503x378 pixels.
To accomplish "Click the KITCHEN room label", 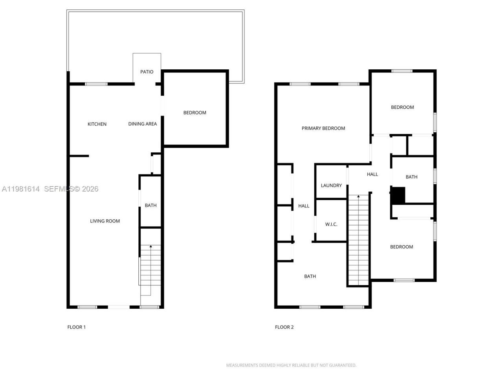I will coord(97,124).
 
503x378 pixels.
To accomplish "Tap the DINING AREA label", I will coord(142,124).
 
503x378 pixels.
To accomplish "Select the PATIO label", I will coord(147,72).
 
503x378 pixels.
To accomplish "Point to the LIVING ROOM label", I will coord(105,221).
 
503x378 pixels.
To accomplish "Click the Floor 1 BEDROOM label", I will coord(195,113).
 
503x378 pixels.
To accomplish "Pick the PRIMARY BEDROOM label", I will coord(323,128).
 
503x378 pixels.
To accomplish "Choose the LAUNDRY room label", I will coord(331,185).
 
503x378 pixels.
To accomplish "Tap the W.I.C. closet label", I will coord(331,224).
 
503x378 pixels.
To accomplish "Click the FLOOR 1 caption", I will coord(76,327).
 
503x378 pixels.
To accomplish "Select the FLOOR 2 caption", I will coord(284,327).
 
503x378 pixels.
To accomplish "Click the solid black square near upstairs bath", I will coord(398,195).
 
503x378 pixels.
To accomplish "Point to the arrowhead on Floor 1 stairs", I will coord(151,246).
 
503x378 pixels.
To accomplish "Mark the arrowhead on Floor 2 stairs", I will coord(358,196).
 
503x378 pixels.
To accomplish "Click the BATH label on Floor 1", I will coord(151,205).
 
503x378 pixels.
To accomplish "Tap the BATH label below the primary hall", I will coord(310,276).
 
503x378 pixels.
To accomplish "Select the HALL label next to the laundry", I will coord(372,174).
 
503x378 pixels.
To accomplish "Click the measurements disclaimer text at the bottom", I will coord(291,365).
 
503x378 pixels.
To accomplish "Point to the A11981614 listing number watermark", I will coord(20,189).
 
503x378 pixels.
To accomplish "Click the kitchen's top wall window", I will coord(96,84).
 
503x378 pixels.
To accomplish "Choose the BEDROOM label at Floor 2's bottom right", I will coord(401,247).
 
